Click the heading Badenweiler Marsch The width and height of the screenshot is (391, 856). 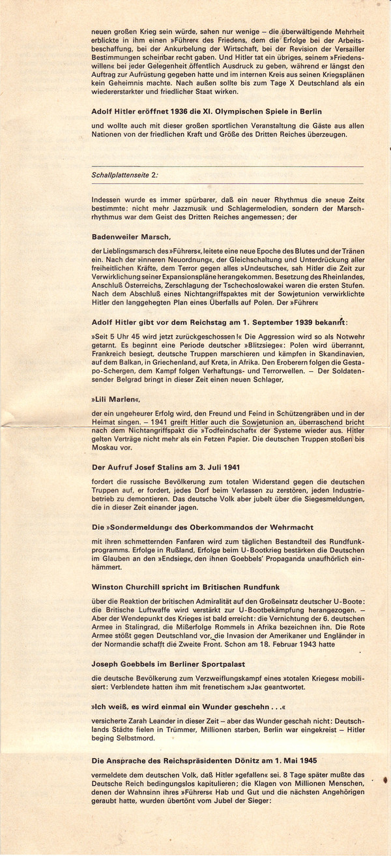[x=132, y=237]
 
